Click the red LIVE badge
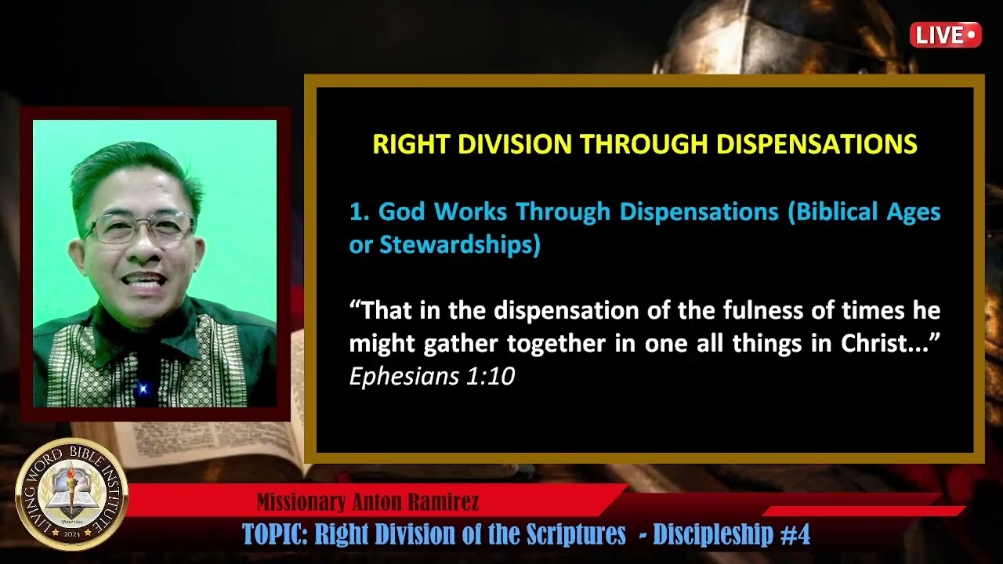[x=945, y=34]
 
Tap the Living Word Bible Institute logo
[x=71, y=493]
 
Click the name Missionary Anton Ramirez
[x=368, y=502]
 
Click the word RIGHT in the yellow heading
[x=411, y=144]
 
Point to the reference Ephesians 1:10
[x=432, y=377]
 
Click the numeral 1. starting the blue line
[x=359, y=211]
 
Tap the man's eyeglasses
[x=139, y=228]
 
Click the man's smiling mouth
[x=143, y=280]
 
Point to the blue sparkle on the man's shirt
[x=143, y=389]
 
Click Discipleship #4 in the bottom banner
[x=732, y=535]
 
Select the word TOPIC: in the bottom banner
[x=275, y=535]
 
